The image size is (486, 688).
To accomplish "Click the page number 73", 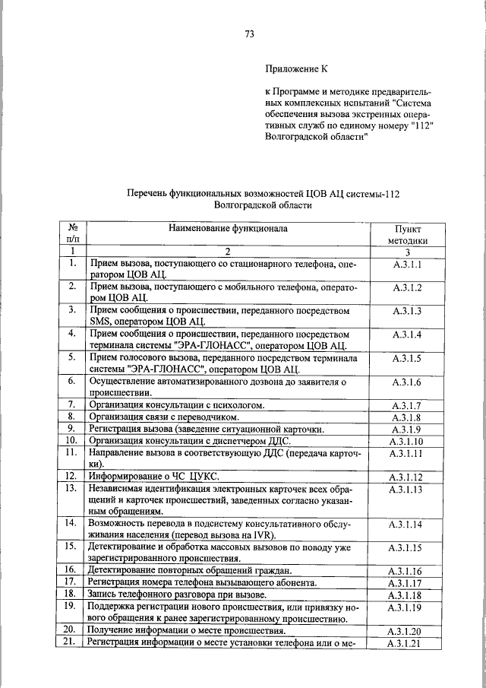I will tap(249, 33).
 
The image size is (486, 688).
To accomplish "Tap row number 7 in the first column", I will tap(71, 404).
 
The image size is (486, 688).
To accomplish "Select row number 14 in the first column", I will tap(71, 524).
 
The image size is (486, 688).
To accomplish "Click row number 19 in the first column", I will tap(71, 606).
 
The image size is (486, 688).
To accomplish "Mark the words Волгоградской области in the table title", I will tap(263, 204).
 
